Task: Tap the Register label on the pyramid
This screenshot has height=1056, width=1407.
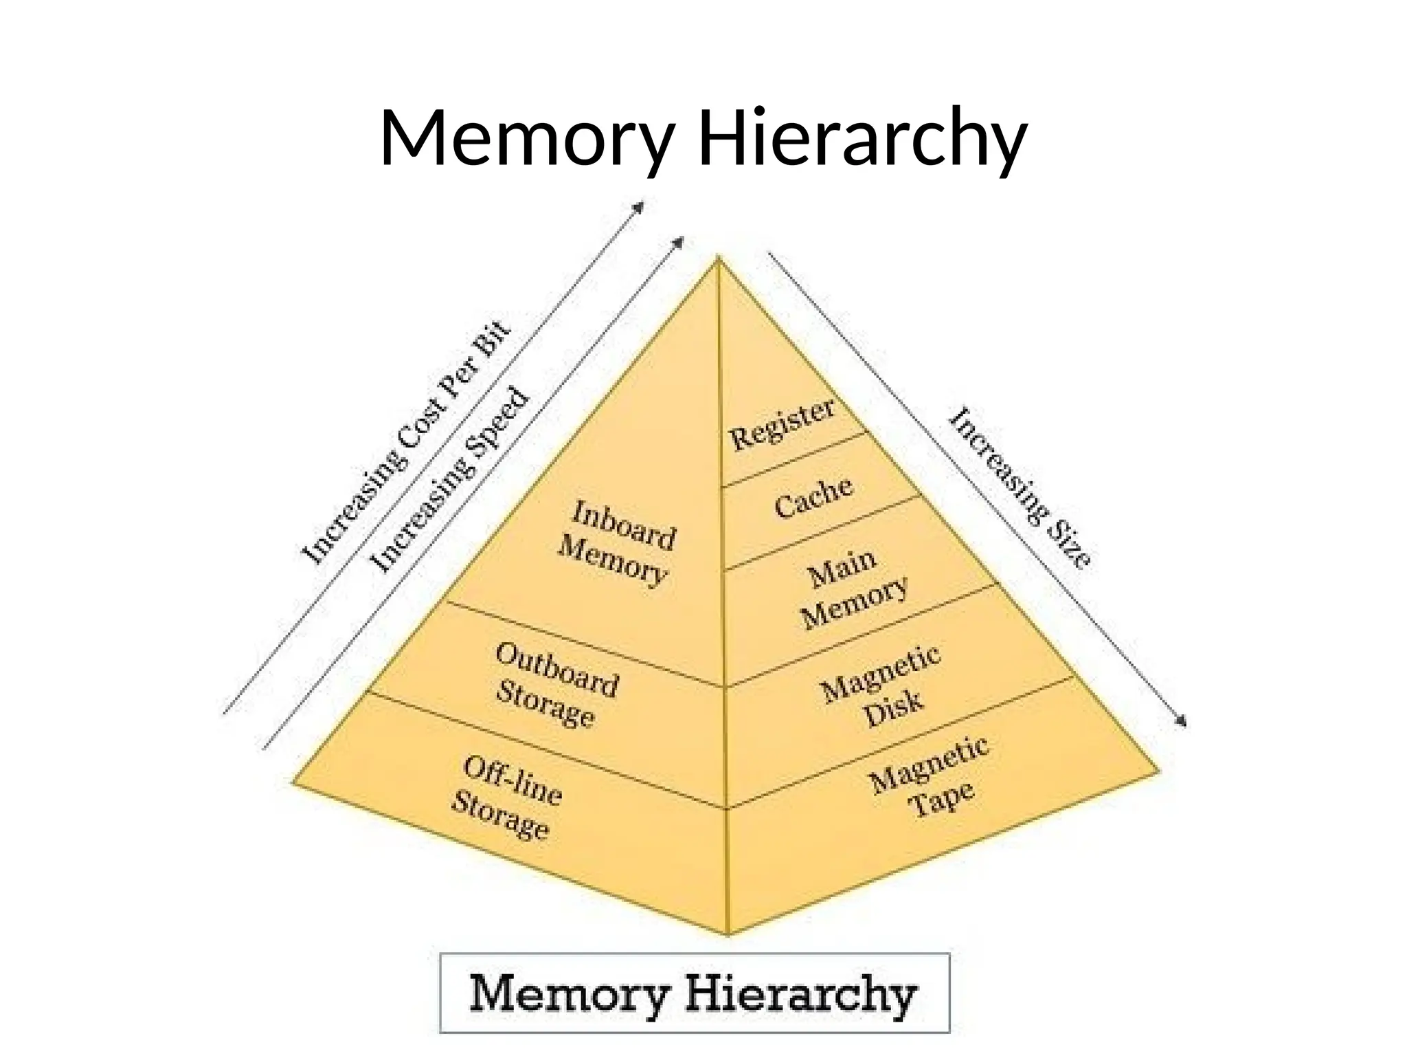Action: (x=782, y=424)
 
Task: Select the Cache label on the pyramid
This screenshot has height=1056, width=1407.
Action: (x=813, y=497)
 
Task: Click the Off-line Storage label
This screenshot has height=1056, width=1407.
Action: (x=507, y=798)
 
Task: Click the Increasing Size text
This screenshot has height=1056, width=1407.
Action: (x=1020, y=488)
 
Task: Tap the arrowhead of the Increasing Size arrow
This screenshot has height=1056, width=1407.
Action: (x=1182, y=722)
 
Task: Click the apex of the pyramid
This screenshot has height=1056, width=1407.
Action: (x=718, y=259)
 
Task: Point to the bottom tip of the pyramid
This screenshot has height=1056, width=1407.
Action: (x=728, y=934)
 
